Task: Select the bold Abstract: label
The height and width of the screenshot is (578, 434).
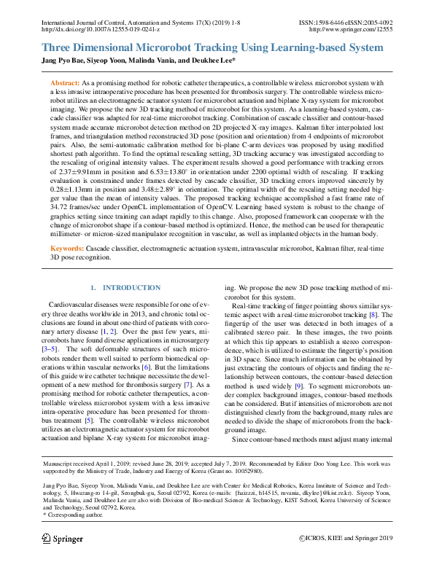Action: (64, 85)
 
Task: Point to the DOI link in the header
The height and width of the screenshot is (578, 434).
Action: (100, 30)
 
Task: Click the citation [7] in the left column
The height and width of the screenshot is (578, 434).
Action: (189, 383)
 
